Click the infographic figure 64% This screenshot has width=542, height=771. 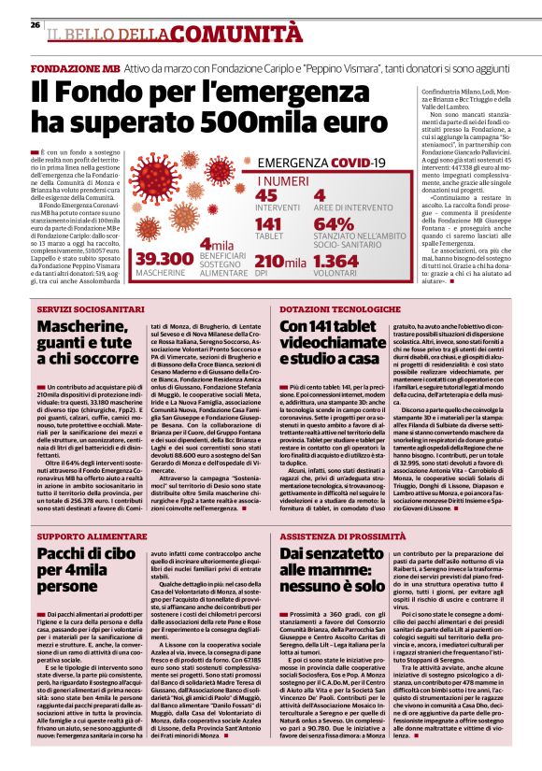coord(335,224)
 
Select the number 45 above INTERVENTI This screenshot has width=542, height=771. coord(266,194)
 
